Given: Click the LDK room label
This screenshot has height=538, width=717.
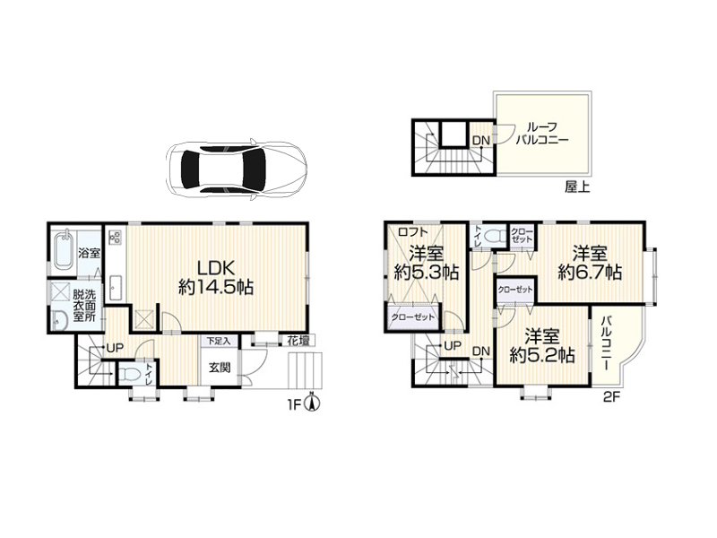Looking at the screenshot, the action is coord(216,267).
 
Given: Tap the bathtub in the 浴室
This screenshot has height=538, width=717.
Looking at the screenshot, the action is coord(64,252).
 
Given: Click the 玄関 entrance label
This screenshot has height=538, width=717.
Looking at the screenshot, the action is coord(220,368).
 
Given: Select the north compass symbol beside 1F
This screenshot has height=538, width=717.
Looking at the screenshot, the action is coord(312,403).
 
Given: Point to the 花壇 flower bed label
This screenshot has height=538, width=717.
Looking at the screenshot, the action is coord(298,341).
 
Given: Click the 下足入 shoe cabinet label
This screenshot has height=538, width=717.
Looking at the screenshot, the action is coord(219,341).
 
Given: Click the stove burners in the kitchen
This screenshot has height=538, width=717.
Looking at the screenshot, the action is coord(116,237).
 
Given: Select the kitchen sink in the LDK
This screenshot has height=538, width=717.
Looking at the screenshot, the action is coord(116,288).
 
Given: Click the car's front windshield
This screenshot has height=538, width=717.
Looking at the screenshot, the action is coord(255,169).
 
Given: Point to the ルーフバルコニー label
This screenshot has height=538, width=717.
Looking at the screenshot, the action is coord(542,133).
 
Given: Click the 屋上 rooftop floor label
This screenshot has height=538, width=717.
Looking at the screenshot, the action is coord(577,187).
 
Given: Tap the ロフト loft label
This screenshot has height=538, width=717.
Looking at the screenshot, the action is coord(413,232).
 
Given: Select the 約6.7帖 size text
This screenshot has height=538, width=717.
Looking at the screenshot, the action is coord(590,273).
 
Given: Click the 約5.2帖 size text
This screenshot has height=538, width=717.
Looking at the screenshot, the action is coord(542,355).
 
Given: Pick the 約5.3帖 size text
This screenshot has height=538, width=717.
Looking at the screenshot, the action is coord(427,273).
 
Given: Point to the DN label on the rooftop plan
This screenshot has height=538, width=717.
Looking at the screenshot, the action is coord(481,141).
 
